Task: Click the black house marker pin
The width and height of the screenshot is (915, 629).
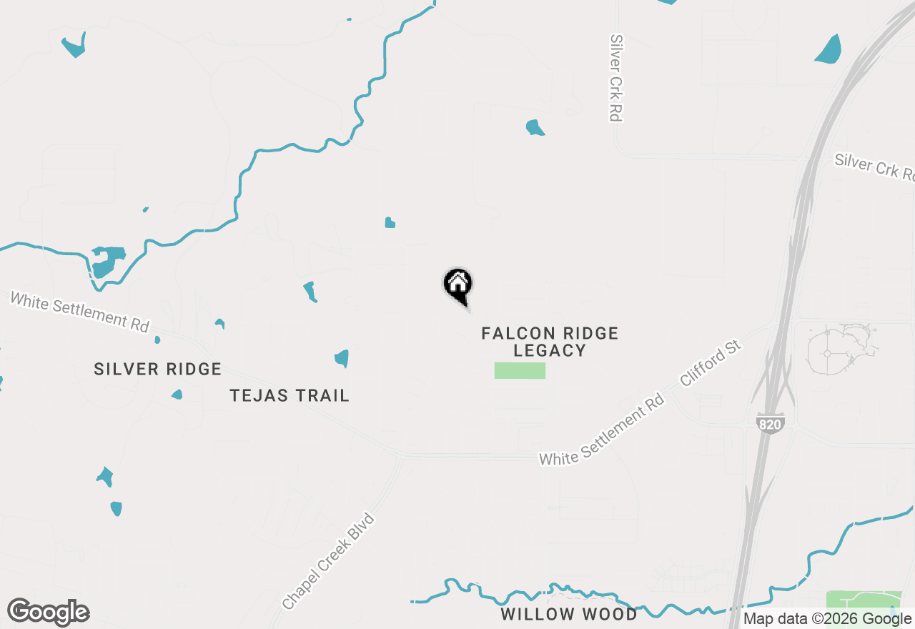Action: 458,286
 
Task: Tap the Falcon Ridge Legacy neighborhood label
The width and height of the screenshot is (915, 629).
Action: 550,342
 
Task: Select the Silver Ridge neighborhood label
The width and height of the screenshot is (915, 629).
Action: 158,369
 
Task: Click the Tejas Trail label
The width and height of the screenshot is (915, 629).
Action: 290,395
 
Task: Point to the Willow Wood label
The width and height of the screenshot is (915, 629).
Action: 569,614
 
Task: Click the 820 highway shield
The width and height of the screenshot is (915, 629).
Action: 769,423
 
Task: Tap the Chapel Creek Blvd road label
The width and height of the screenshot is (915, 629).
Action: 330,561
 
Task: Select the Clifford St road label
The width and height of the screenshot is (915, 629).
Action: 711,365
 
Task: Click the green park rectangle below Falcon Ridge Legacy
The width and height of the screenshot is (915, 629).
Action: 520,370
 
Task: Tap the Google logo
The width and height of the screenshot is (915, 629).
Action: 49,612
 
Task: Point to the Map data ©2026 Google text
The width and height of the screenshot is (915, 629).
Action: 828,619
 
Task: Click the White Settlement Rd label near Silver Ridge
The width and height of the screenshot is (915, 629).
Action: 79,311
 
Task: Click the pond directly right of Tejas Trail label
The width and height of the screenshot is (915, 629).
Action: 342,357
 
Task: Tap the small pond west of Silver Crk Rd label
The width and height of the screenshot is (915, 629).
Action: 535,128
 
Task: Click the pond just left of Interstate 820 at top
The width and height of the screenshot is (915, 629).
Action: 829,49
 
